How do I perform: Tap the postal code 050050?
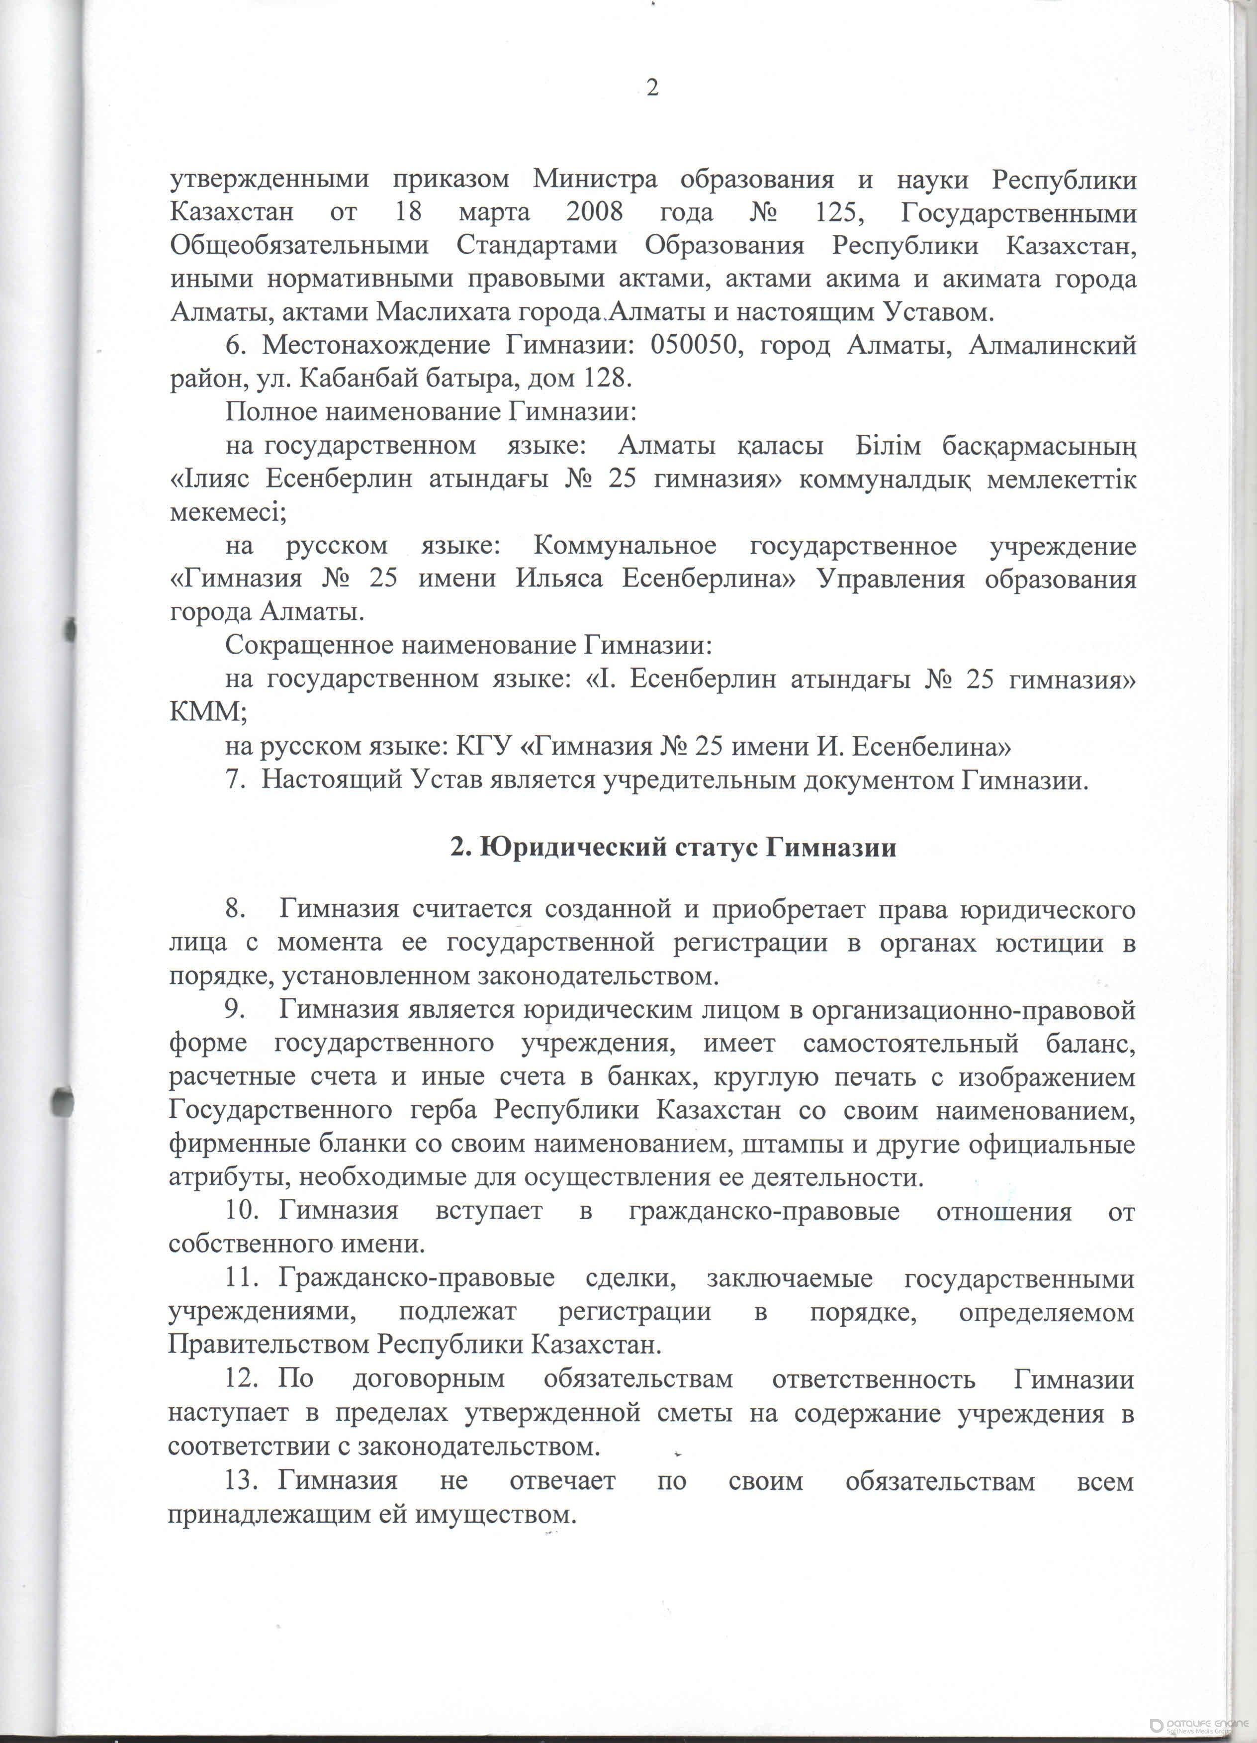697,346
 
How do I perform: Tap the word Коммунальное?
625,546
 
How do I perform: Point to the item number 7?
234,779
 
